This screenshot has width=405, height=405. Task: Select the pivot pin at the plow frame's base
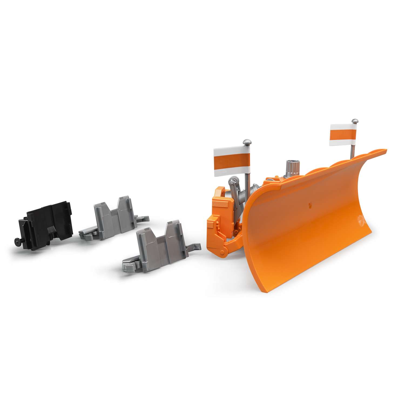[223, 253]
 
